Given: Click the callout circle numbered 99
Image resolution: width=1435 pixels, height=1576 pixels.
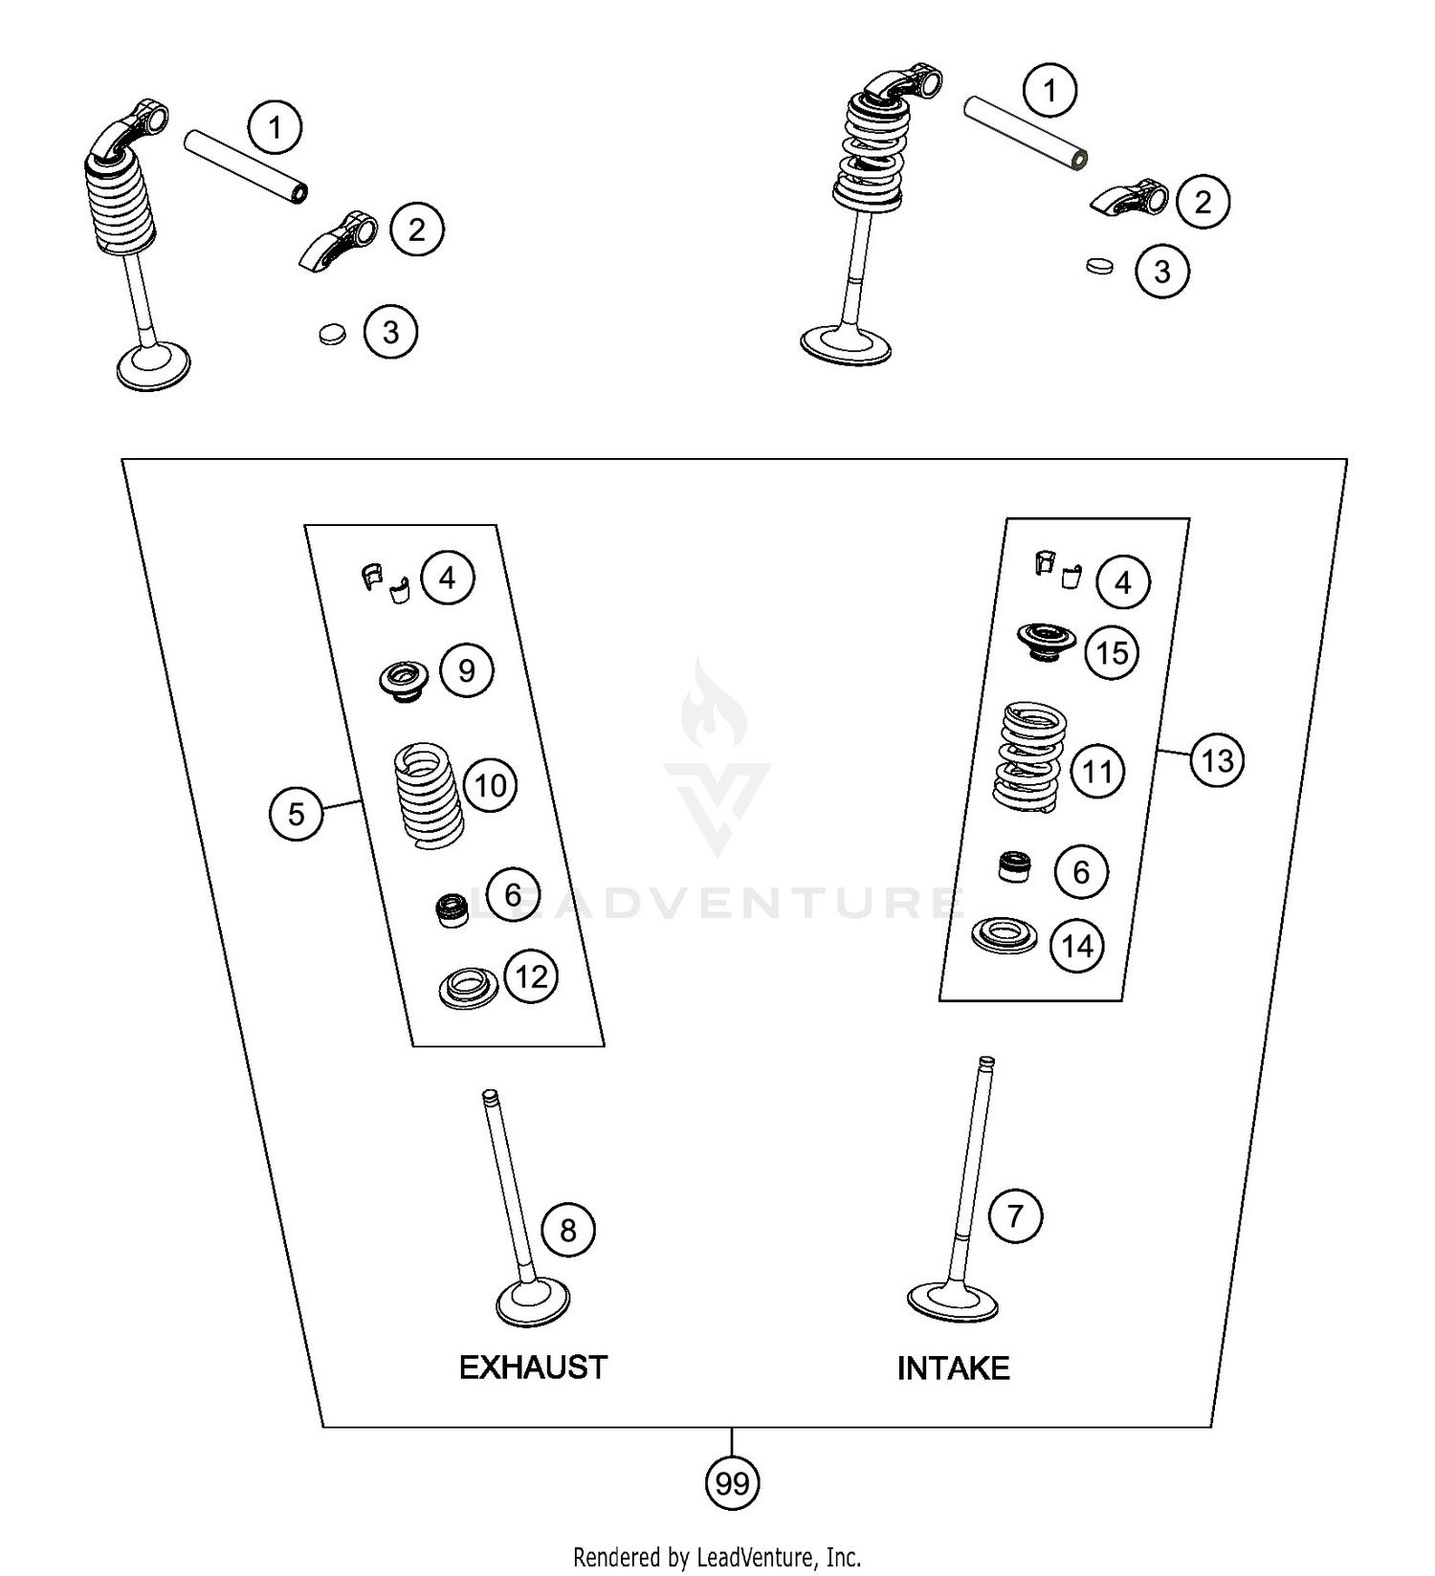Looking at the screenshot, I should (x=732, y=1483).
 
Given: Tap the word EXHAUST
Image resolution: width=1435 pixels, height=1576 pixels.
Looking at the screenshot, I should (x=533, y=1368).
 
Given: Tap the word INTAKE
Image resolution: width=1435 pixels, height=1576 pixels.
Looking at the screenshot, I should (x=953, y=1368).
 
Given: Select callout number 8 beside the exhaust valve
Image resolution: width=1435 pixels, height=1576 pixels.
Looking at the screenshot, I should (x=567, y=1230).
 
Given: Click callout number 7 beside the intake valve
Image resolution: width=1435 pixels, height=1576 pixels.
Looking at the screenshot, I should (x=1014, y=1216).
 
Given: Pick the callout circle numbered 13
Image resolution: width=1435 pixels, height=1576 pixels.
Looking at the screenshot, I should (x=1217, y=761).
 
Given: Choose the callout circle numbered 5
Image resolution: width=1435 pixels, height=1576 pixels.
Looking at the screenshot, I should (x=296, y=814).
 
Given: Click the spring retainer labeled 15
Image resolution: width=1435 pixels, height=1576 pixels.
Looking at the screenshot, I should (x=1045, y=640).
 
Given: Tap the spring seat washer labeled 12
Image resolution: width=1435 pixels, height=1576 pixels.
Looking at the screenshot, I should (x=468, y=987).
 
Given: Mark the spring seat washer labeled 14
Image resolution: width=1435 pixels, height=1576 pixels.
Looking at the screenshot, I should (x=1004, y=934).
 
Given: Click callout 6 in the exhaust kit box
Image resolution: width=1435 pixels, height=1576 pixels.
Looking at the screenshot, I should (x=513, y=895).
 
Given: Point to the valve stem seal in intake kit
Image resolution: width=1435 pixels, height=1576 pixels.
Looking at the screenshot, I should (x=1015, y=866).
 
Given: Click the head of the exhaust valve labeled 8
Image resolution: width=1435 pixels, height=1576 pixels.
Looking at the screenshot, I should (x=533, y=1302).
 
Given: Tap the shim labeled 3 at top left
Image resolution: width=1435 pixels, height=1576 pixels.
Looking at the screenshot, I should (x=332, y=334).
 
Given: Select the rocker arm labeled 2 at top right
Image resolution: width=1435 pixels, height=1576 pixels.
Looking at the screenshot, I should (x=1130, y=198).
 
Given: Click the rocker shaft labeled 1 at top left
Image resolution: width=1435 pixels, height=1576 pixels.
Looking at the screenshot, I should (x=245, y=167).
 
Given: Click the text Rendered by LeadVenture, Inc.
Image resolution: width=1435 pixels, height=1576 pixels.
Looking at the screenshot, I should (x=717, y=1557).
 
